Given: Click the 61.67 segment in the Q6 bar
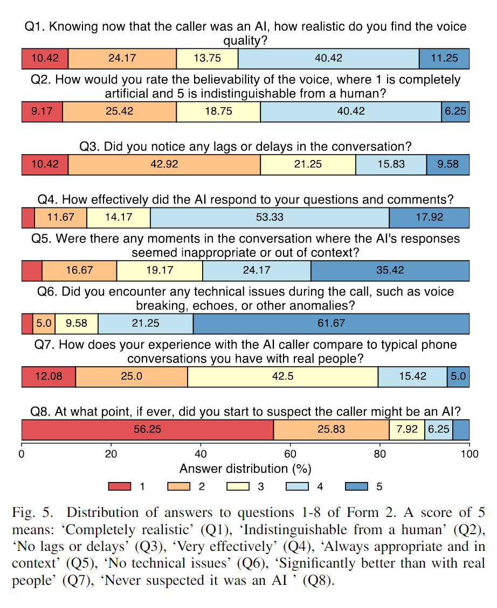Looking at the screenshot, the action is pyautogui.click(x=331, y=324).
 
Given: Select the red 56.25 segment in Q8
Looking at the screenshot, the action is pyautogui.click(x=148, y=430).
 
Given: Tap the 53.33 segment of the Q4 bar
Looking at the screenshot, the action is pyautogui.click(x=270, y=218).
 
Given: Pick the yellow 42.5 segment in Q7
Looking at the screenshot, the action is pyautogui.click(x=283, y=376).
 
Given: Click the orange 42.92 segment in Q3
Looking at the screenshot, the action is pyautogui.click(x=164, y=164).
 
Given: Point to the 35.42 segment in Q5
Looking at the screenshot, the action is pyautogui.click(x=390, y=270).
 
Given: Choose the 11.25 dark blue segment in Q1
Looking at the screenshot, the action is pyautogui.click(x=444, y=59).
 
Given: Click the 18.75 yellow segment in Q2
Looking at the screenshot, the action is pyautogui.click(x=218, y=111).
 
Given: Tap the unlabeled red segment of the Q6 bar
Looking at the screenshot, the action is pyautogui.click(x=27, y=324).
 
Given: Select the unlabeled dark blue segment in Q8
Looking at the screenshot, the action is pyautogui.click(x=461, y=430).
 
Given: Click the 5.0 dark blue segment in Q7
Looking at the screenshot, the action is pyautogui.click(x=458, y=376).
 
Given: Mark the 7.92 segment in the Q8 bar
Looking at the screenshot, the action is pyautogui.click(x=407, y=430).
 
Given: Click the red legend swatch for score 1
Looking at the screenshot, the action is pyautogui.click(x=120, y=486).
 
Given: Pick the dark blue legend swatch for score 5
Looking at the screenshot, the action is pyautogui.click(x=356, y=486).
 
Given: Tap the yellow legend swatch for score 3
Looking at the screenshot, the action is pyautogui.click(x=238, y=486).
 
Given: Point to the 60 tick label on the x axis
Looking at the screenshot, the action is pyautogui.click(x=290, y=454).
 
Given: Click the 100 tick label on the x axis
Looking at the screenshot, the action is pyautogui.click(x=470, y=454).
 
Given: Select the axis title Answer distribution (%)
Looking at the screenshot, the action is pyautogui.click(x=245, y=469).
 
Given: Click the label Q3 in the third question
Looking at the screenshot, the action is pyautogui.click(x=89, y=146).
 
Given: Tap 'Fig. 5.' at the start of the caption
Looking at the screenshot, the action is pyautogui.click(x=32, y=513).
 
